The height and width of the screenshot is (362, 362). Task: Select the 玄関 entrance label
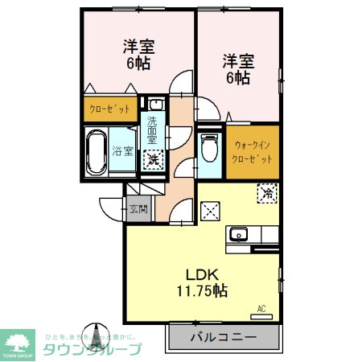click(x=138, y=210)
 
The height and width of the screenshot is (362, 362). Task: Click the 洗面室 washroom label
click(x=152, y=129)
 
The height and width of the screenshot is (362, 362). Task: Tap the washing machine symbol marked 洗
click(x=152, y=159)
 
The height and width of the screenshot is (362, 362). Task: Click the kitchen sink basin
click(x=238, y=235)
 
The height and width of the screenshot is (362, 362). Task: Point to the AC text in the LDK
click(x=261, y=308)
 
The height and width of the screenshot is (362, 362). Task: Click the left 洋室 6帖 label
click(x=138, y=54)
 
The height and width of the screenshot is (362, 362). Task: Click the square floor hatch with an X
click(x=210, y=212)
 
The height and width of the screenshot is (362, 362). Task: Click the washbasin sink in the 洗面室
click(x=154, y=104)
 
